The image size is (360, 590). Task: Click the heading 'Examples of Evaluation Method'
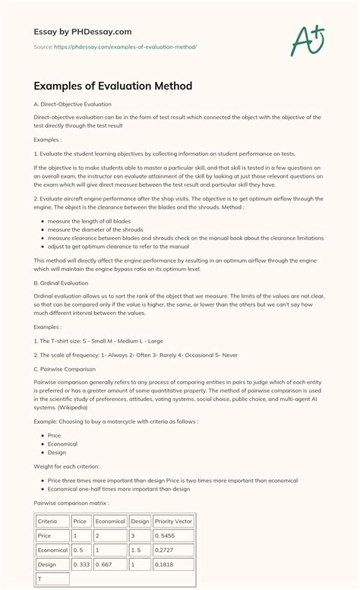tap(113, 86)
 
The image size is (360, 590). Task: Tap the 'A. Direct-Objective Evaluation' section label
tap(73, 104)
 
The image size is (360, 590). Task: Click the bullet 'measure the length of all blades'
tap(88, 221)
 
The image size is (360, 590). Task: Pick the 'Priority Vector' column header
tap(174, 522)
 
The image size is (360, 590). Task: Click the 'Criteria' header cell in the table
tap(47, 522)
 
